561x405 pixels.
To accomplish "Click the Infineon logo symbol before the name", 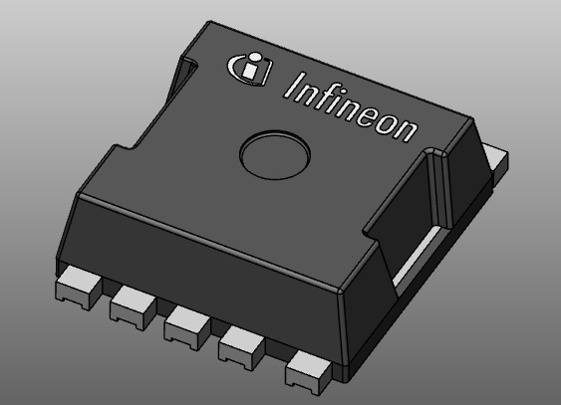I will click(248, 68).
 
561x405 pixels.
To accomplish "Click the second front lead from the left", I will click(130, 302).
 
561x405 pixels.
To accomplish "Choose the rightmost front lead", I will click(307, 370).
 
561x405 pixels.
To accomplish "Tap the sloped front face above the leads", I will click(199, 254).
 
